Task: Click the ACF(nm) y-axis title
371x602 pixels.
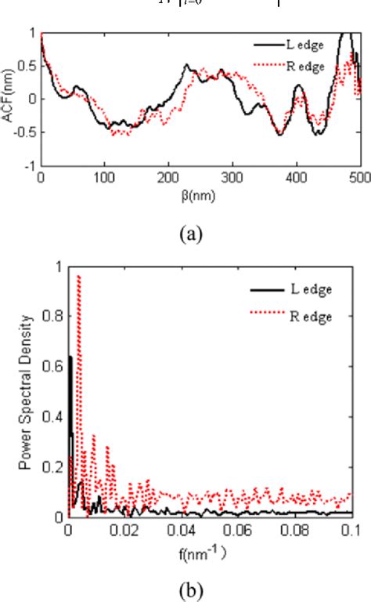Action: tap(10, 99)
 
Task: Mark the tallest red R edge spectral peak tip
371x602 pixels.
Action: tap(78, 276)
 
